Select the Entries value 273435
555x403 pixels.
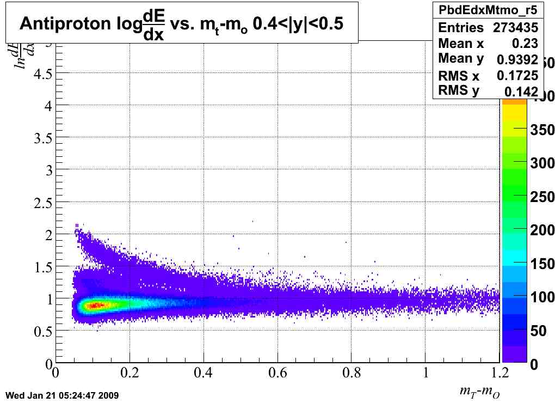(x=515, y=28)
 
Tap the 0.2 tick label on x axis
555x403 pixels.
(x=129, y=373)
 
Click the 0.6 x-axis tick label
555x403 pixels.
(x=278, y=373)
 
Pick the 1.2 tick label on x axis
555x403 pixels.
(x=499, y=373)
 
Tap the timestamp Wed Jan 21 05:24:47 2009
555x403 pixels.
(x=61, y=395)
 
